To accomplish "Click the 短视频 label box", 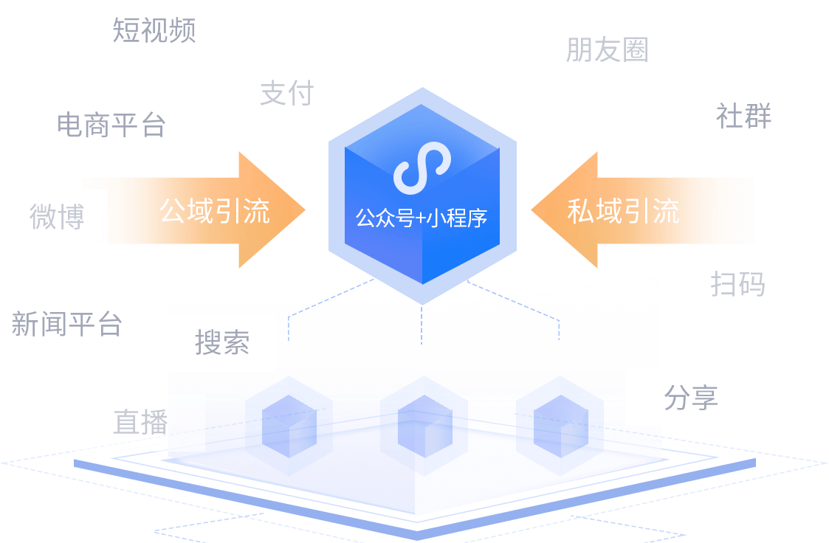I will click(152, 30).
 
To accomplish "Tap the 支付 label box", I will click(286, 92).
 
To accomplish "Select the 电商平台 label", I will click(110, 125).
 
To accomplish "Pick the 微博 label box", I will click(57, 217).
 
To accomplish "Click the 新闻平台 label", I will click(66, 325).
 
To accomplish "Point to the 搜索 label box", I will click(222, 343).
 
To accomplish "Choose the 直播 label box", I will click(140, 422).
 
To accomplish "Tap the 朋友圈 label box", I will click(605, 49).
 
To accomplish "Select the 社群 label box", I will click(743, 116).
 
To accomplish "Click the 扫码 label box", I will click(737, 283).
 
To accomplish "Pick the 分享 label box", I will click(690, 397).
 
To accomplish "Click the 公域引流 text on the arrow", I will click(215, 211).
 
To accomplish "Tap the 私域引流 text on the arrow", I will click(623, 211).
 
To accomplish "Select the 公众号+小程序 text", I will click(422, 218).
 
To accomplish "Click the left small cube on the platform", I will click(289, 421).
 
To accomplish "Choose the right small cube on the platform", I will click(560, 421).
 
